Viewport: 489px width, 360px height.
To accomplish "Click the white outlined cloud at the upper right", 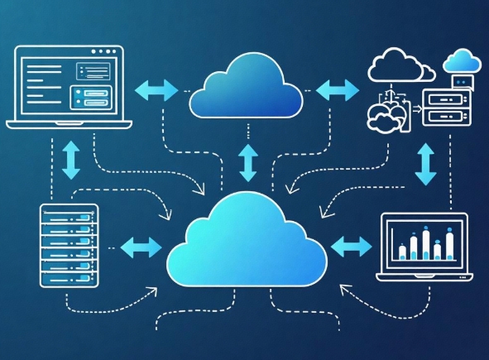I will click(396, 66).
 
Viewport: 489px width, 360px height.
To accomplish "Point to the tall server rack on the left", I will click(69, 246).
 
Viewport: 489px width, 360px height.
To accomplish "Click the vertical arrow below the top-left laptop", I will click(72, 159).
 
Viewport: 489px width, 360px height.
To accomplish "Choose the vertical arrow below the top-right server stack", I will click(426, 163).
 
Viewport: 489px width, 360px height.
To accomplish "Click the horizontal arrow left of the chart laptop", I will click(351, 245).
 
